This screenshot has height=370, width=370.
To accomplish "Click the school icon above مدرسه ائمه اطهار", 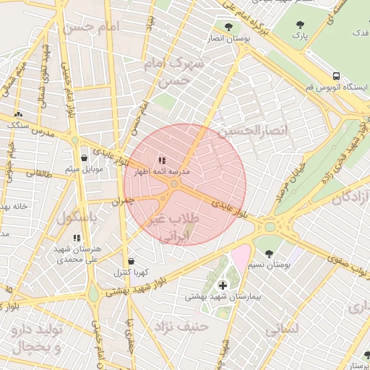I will click(x=162, y=160).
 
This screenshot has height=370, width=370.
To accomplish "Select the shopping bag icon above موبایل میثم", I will click(x=85, y=158).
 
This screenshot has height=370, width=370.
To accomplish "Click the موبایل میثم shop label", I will click(x=85, y=169).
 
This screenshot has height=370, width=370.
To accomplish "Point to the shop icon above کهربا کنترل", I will click(x=131, y=261).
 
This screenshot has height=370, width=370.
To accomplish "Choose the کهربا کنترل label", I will click(x=131, y=272).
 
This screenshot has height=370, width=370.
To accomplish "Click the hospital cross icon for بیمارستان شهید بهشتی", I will click(x=223, y=285).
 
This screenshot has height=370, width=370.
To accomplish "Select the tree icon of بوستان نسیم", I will click(x=270, y=254).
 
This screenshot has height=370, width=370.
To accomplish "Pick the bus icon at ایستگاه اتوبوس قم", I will click(x=336, y=76).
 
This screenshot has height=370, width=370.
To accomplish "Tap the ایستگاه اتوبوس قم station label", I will click(x=336, y=87).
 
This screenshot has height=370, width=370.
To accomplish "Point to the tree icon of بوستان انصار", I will click(x=228, y=26).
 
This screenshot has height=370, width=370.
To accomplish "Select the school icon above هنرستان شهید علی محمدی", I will click(x=77, y=238).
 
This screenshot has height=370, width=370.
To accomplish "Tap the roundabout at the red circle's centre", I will click(x=175, y=185).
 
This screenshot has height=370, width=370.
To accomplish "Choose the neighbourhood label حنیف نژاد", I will click(x=181, y=327).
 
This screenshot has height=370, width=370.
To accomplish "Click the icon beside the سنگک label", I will click(x=18, y=114).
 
